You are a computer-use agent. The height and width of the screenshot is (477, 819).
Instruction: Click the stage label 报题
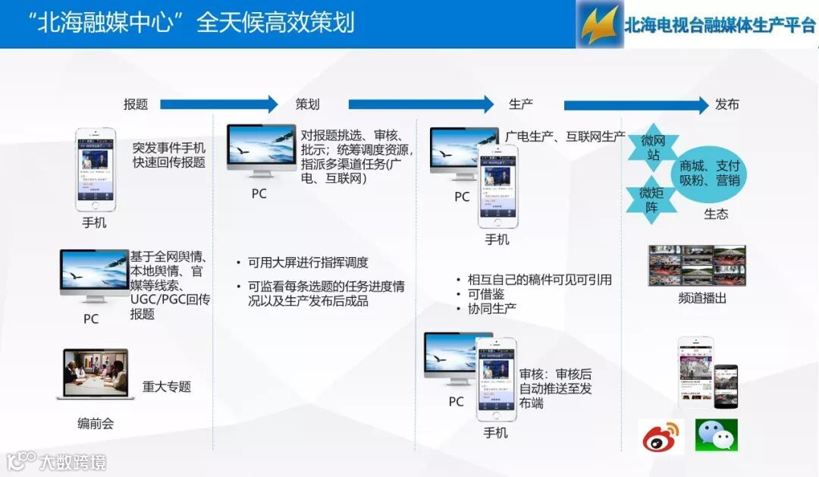[136, 105]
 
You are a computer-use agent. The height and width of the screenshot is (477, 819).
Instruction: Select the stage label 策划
[307, 105]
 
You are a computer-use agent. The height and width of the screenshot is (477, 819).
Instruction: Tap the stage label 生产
[521, 105]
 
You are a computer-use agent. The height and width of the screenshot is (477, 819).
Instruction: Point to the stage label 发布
[726, 105]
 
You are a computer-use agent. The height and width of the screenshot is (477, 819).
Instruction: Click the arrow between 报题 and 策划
[219, 105]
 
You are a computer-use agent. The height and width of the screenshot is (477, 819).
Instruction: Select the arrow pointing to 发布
[635, 105]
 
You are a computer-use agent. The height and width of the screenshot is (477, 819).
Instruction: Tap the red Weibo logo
[661, 436]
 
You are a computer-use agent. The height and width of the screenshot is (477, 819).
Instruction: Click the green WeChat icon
[717, 435]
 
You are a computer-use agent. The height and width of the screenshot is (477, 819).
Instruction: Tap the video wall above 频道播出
[697, 265]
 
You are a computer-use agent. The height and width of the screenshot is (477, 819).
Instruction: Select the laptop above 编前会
[96, 375]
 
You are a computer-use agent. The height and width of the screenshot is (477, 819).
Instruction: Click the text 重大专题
[167, 387]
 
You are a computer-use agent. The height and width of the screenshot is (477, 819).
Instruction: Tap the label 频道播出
[702, 298]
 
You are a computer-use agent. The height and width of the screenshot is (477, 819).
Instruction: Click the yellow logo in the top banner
[599, 24]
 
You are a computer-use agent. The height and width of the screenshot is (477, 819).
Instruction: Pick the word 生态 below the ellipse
[716, 214]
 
